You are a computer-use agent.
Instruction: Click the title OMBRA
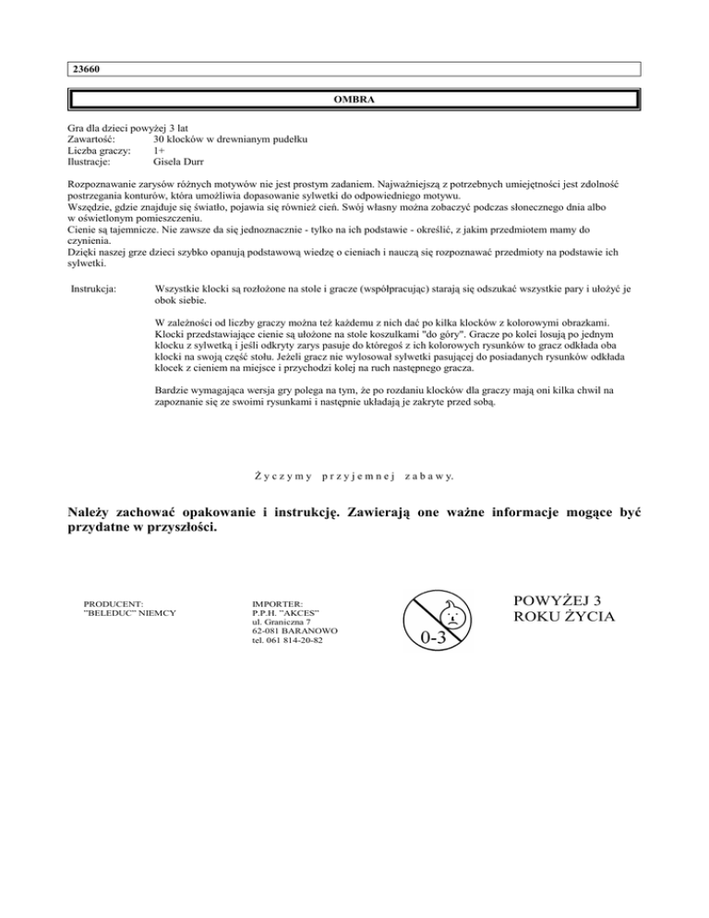coord(354,100)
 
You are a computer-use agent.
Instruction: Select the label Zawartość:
coord(95,139)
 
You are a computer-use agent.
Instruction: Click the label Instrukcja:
coord(93,289)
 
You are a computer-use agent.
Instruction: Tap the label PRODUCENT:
coord(114,603)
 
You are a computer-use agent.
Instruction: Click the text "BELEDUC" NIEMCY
coord(130,613)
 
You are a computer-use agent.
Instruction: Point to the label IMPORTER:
coord(264,603)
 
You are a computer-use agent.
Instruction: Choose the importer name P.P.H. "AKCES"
coord(279,613)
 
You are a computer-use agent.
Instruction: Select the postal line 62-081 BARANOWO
coord(287,632)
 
